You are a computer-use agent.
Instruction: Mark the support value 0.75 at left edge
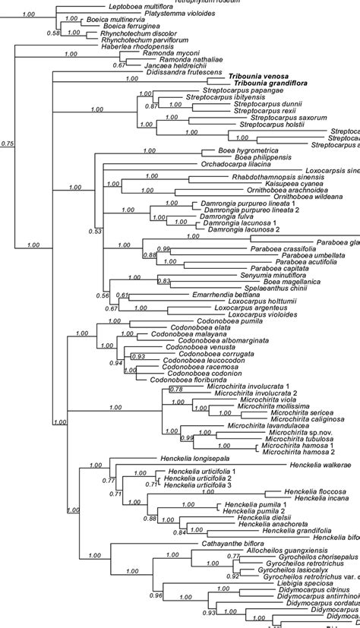click(x=8, y=143)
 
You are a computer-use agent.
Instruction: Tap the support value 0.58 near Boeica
click(x=52, y=33)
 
